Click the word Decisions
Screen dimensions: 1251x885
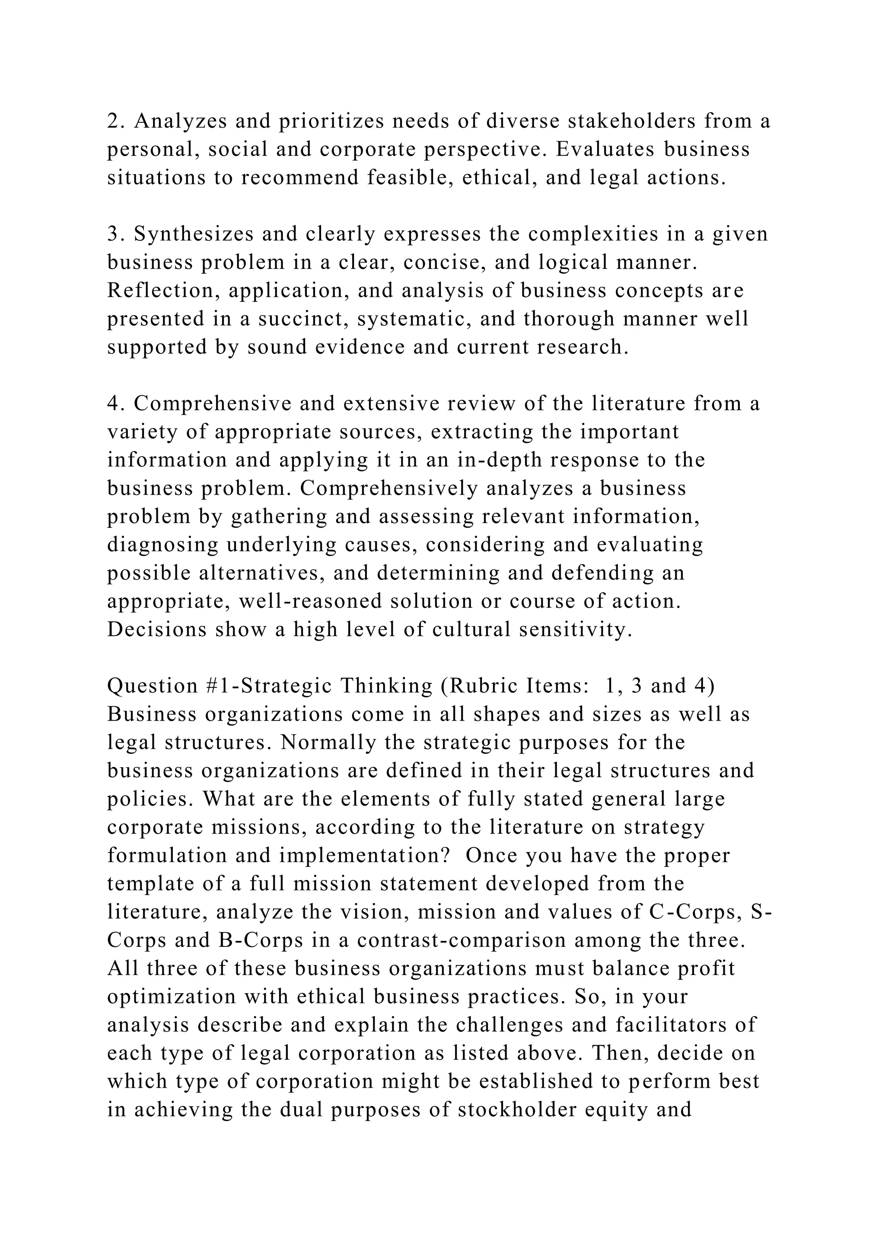click(157, 630)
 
